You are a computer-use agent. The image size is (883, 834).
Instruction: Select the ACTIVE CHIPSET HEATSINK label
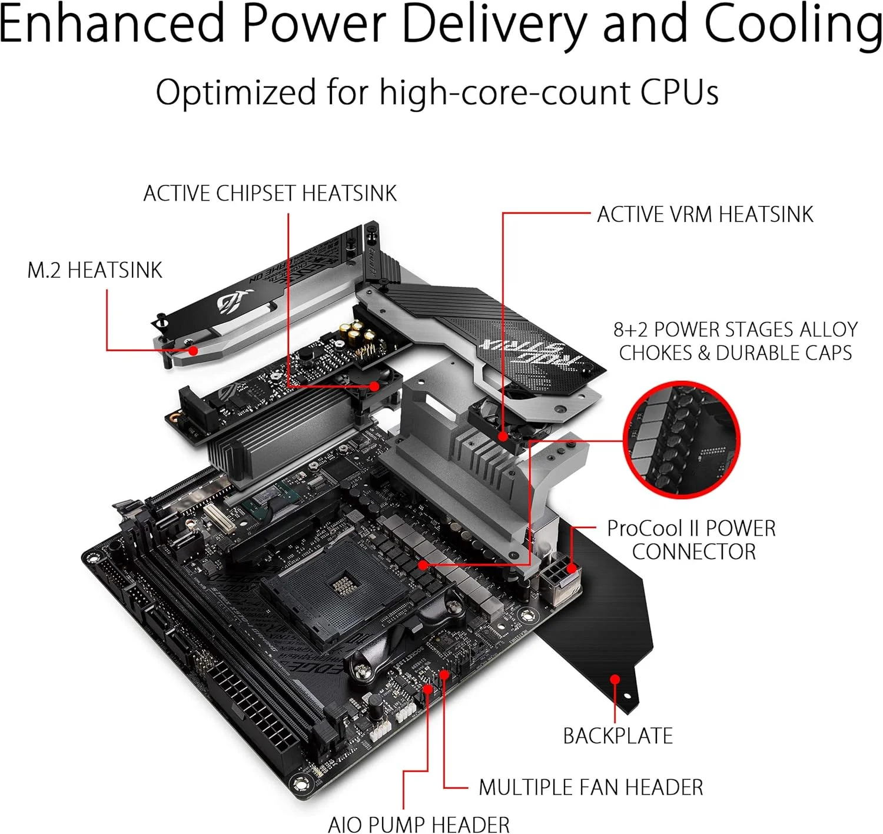coord(270,194)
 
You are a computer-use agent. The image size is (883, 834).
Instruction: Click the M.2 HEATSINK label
coord(95,270)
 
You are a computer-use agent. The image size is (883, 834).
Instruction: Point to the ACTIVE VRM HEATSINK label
coord(705,214)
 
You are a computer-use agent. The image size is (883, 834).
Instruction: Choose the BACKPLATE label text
coord(618,736)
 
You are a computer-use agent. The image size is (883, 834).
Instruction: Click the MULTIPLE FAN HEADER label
coord(590,787)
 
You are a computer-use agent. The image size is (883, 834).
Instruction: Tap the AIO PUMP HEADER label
coord(419,824)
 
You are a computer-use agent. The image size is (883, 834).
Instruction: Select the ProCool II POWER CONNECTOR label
coord(692,540)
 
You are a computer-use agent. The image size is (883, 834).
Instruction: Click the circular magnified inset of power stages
coord(681,440)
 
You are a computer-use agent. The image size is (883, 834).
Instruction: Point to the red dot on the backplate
coord(615,679)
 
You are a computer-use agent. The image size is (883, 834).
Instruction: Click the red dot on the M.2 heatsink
coord(192,350)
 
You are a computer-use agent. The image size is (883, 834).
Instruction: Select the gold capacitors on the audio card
coord(356,333)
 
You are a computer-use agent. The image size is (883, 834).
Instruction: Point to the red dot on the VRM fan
coord(503,436)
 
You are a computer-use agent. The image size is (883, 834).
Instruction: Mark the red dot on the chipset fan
coord(374,386)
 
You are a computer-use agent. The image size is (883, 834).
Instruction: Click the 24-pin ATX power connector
coord(250,706)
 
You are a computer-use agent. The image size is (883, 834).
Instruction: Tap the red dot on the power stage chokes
coord(423,565)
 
